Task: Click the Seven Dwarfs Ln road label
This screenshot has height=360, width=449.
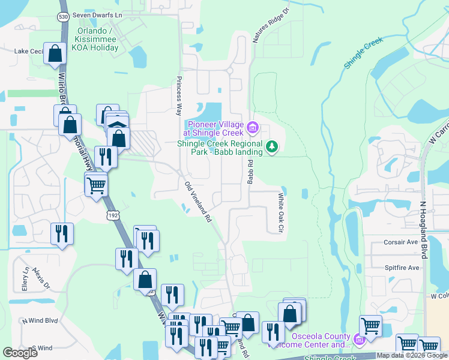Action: [97, 14]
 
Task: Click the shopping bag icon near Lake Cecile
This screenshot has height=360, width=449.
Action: [55, 53]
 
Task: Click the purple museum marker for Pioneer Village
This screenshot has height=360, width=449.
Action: [253, 127]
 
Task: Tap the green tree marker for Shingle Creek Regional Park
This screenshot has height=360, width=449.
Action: [272, 146]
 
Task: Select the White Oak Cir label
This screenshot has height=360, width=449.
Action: [280, 213]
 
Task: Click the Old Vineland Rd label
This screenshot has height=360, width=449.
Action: [199, 203]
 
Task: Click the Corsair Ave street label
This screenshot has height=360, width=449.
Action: [400, 242]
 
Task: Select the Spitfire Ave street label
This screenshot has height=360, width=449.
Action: [400, 267]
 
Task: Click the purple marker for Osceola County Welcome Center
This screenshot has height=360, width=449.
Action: [359, 340]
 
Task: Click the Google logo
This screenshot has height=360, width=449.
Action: [20, 353]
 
